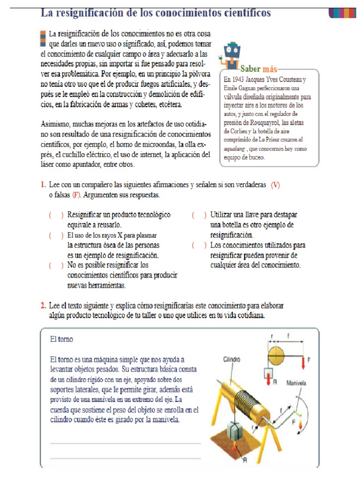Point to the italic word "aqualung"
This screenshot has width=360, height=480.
tap(236, 148)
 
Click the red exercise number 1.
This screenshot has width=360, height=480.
tap(42, 185)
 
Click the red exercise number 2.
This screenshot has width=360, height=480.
tap(42, 306)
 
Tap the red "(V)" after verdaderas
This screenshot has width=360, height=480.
tap(275, 185)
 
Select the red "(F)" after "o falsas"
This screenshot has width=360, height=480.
tap(76, 195)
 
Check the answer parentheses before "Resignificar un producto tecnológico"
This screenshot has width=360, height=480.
tap(56, 215)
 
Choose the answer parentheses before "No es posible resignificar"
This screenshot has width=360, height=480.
tap(56, 265)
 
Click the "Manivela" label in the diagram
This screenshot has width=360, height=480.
tap(296, 383)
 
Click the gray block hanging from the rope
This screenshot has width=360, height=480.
tap(236, 432)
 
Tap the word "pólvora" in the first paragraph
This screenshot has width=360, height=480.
tap(197, 74)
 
